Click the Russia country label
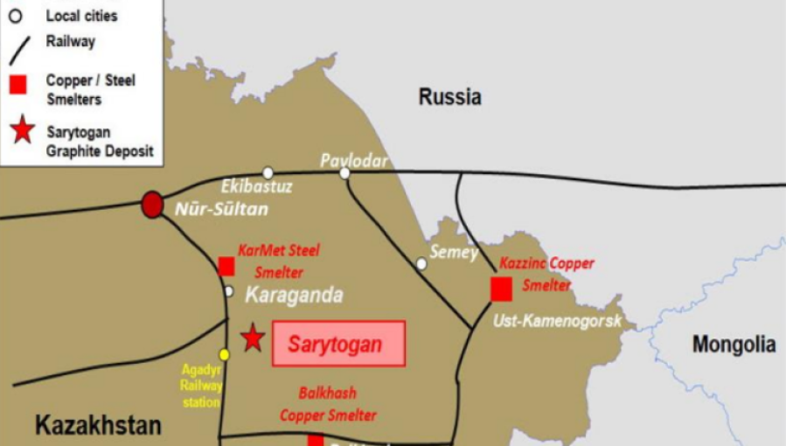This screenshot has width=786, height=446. (x=449, y=96)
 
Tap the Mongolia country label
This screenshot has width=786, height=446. (x=734, y=345)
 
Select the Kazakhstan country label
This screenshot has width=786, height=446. (x=98, y=426)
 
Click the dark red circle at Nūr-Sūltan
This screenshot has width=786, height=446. (x=152, y=205)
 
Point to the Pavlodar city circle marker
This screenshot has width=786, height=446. (x=344, y=173)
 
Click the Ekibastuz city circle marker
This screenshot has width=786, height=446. (x=268, y=172)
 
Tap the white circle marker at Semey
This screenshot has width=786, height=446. (x=421, y=263)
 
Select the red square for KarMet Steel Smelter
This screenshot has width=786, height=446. (x=226, y=266)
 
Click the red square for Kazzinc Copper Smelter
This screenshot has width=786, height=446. (x=501, y=289)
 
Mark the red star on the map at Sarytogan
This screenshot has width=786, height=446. (x=253, y=338)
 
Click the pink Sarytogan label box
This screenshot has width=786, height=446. (x=338, y=344)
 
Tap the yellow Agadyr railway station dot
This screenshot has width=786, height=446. (x=224, y=354)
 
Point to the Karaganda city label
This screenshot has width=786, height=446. (x=294, y=295)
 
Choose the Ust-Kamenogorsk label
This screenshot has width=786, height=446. (x=557, y=321)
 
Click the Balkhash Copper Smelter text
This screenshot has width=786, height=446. (x=328, y=404)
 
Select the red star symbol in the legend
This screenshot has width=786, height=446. (x=22, y=131)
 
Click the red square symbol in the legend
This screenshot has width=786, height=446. (x=17, y=85)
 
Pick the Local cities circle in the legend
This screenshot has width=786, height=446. (x=15, y=15)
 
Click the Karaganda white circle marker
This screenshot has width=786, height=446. (x=228, y=291)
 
